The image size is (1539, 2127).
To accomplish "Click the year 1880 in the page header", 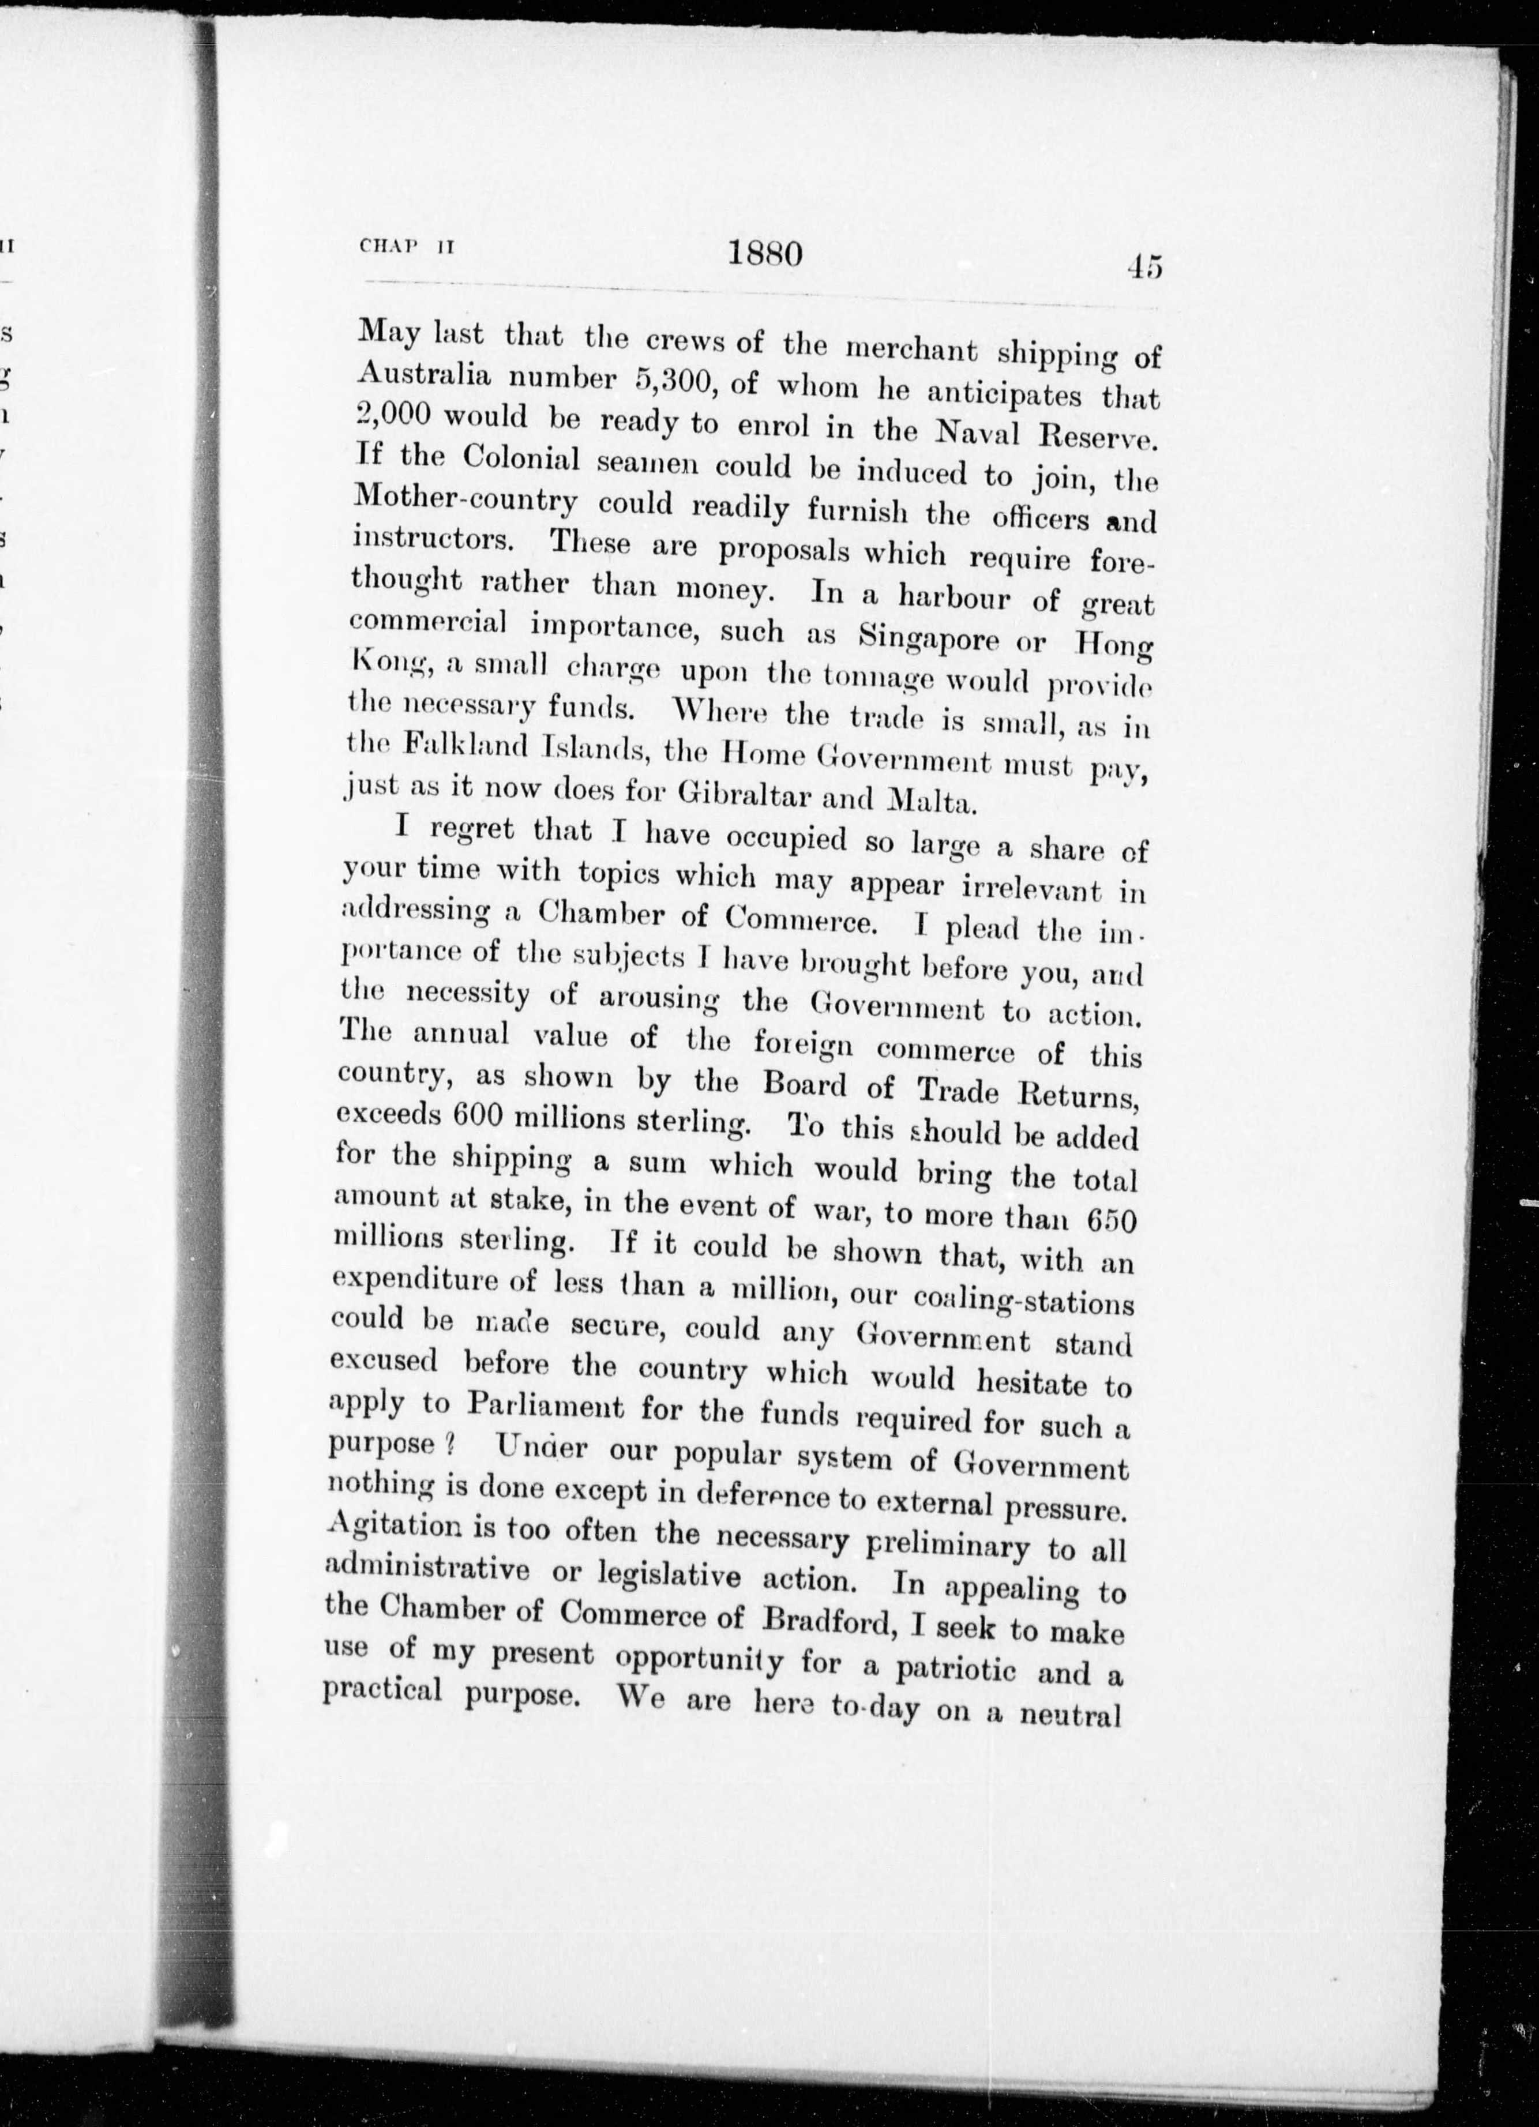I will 765,255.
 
